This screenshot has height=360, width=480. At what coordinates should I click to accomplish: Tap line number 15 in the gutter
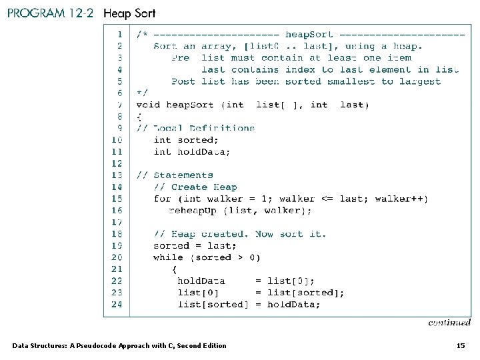pyautogui.click(x=117, y=199)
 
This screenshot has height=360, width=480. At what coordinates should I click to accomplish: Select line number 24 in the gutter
pyautogui.click(x=117, y=304)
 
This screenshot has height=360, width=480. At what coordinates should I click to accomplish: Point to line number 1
pyautogui.click(x=119, y=34)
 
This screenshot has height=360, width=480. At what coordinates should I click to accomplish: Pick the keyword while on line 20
pyautogui.click(x=168, y=257)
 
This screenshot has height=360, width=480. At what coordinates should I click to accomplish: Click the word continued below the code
pyautogui.click(x=449, y=323)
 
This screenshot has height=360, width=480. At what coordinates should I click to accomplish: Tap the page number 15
pyautogui.click(x=460, y=345)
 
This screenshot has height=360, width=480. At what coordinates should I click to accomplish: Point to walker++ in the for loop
pyautogui.click(x=401, y=199)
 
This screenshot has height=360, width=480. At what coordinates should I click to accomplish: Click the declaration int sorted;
pyautogui.click(x=186, y=140)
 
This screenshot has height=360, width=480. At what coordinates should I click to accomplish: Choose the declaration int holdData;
pyautogui.click(x=192, y=152)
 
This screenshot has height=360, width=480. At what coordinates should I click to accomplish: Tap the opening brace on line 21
pyautogui.click(x=175, y=269)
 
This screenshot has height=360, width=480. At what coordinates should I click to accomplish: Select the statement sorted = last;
pyautogui.click(x=181, y=245)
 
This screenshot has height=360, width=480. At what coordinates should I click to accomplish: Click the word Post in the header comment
pyautogui.click(x=183, y=81)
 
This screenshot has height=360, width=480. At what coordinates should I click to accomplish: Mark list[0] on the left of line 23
pyautogui.click(x=198, y=293)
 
